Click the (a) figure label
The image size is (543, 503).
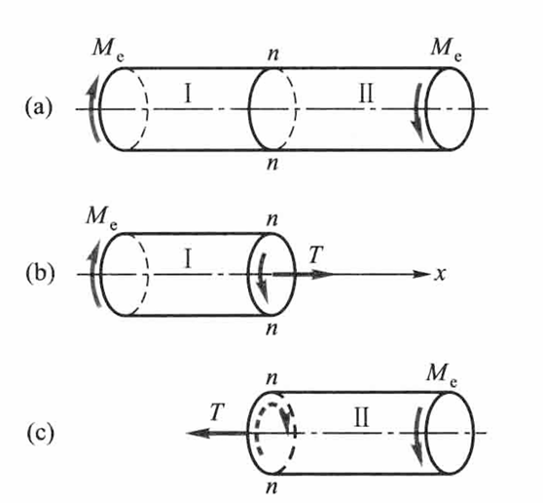click(x=39, y=107)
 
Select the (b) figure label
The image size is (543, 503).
click(x=40, y=273)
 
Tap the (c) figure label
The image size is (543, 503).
click(x=40, y=433)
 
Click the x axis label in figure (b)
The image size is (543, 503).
click(x=440, y=274)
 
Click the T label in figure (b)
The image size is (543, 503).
click(x=315, y=254)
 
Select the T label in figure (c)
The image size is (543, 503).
click(x=217, y=411)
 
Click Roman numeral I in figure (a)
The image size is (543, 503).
click(x=188, y=94)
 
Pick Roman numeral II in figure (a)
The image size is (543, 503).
click(x=366, y=94)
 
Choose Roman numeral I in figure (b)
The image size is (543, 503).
click(x=188, y=260)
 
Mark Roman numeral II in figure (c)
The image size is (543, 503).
click(x=362, y=418)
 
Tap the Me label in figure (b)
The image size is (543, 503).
click(x=102, y=217)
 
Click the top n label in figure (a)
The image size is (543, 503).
click(x=273, y=55)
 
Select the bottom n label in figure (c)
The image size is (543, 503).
click(x=272, y=487)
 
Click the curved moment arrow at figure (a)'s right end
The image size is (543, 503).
click(x=419, y=112)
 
